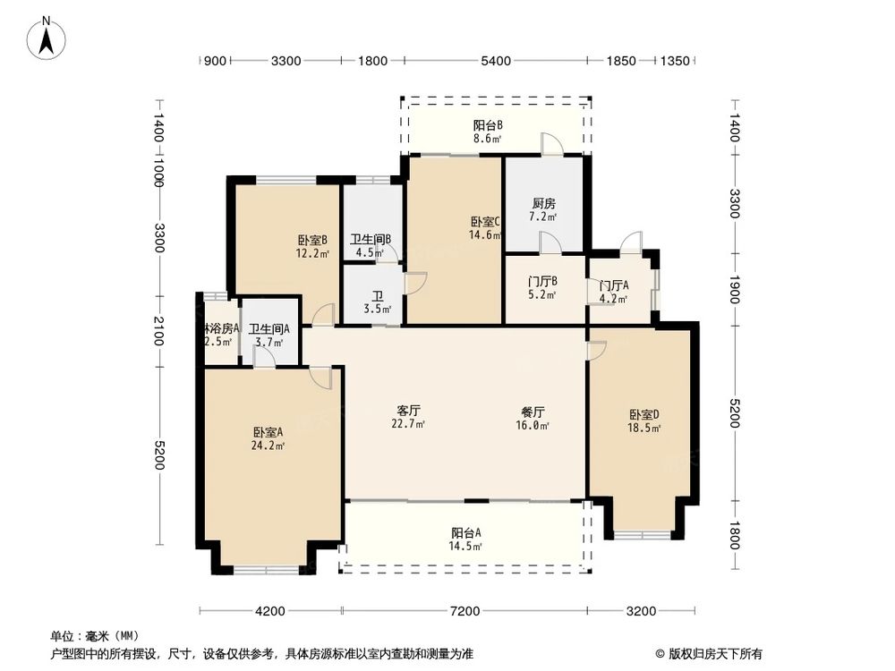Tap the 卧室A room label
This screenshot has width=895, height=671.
268,431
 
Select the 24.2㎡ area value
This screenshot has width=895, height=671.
268,445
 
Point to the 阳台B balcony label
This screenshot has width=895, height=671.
487,126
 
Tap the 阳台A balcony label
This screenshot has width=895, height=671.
465,532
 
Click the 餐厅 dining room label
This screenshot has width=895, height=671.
533,412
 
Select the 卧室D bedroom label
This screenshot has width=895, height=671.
644,415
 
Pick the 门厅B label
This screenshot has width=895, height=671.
543,281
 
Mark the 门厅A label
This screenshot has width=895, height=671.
614,285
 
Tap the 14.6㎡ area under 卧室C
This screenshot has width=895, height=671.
485,235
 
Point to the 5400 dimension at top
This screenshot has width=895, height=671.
495,61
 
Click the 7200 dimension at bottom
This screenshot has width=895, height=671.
465,611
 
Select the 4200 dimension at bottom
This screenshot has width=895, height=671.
269,611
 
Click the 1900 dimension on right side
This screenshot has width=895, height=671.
734,289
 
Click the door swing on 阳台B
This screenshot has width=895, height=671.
551,143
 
